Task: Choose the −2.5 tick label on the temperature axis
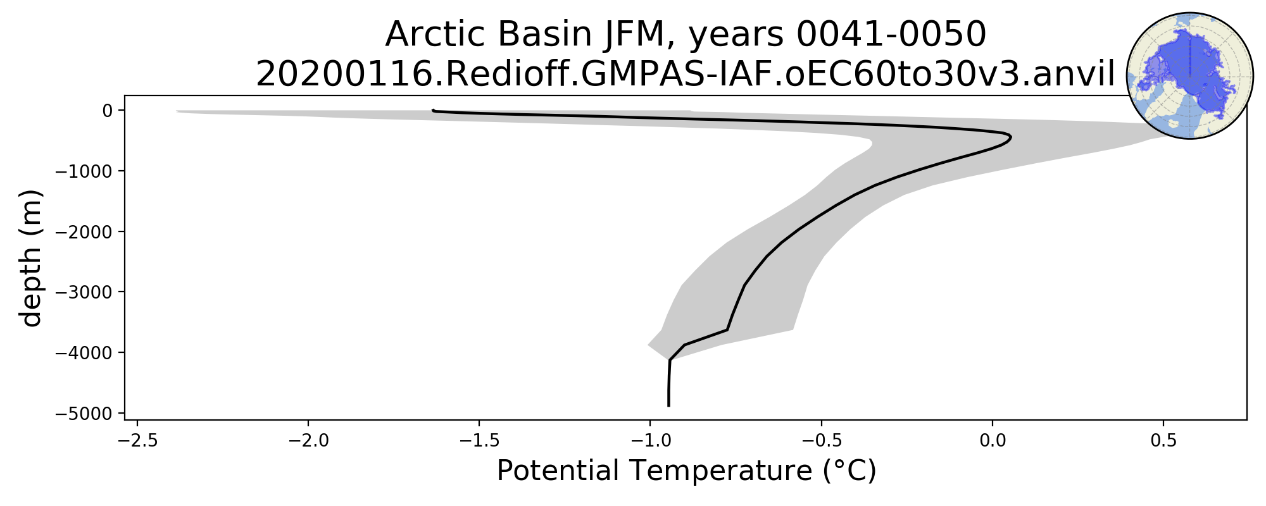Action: pyautogui.click(x=138, y=441)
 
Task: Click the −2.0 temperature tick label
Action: pyautogui.click(x=309, y=441)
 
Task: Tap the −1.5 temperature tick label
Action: pyautogui.click(x=480, y=441)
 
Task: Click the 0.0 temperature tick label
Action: pyautogui.click(x=993, y=441)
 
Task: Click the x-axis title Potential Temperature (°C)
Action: pyautogui.click(x=686, y=472)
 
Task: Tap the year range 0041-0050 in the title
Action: pyautogui.click(x=891, y=34)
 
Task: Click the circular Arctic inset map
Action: pyautogui.click(x=1190, y=76)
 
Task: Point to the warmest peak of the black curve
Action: pyautogui.click(x=1010, y=137)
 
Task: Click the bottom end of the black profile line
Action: pyautogui.click(x=668, y=406)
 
